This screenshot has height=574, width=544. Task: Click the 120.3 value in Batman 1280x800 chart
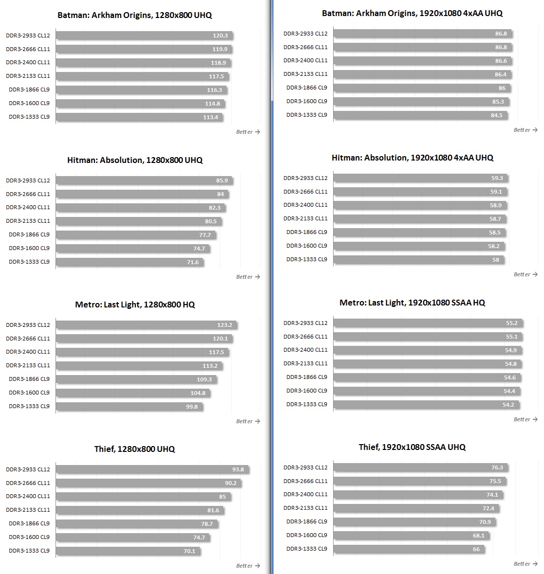tap(220, 36)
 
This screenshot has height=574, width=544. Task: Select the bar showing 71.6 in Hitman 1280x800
tap(130, 262)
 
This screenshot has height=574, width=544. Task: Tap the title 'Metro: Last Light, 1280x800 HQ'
tap(135, 305)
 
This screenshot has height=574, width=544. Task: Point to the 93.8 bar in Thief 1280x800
tap(152, 469)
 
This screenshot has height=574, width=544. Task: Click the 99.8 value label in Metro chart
tap(192, 407)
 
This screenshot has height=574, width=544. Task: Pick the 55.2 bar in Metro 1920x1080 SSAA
tap(428, 323)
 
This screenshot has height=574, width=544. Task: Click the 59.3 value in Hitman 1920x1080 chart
tap(497, 178)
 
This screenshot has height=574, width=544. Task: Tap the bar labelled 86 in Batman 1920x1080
tap(422, 88)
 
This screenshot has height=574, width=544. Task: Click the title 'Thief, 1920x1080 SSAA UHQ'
tap(412, 447)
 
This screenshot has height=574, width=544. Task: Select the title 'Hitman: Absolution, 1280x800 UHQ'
tap(135, 160)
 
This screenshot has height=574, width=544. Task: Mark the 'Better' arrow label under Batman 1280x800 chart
tap(248, 132)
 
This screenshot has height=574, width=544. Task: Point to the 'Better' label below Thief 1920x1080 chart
tap(525, 564)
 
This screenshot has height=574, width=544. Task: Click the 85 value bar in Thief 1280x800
tap(143, 497)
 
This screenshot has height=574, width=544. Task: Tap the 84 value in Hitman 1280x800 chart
tap(221, 194)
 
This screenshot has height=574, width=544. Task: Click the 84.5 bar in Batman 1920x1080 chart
tap(420, 115)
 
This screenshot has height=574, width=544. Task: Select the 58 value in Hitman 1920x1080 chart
tap(495, 260)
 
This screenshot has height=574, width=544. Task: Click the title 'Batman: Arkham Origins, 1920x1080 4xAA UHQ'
tap(412, 13)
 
